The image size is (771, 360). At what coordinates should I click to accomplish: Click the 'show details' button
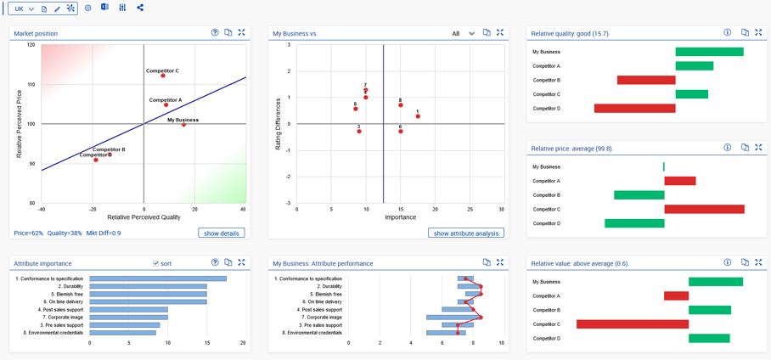222,233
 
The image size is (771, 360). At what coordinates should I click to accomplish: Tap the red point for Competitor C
163,76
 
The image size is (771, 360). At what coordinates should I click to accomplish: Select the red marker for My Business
183,125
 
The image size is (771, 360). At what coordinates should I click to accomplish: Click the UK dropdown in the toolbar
24,8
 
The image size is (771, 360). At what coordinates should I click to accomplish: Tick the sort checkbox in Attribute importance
155,263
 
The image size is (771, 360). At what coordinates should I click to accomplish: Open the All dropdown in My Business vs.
464,33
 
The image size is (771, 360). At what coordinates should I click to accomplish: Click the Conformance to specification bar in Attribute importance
158,278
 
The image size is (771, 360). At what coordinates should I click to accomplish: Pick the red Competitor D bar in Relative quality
634,109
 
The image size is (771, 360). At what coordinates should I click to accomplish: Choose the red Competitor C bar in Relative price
704,209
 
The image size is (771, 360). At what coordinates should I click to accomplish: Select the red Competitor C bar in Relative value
632,324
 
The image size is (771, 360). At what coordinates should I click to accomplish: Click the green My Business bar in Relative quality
709,52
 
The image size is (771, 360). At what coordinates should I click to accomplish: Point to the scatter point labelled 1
418,116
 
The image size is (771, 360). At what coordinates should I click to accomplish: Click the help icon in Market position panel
215,33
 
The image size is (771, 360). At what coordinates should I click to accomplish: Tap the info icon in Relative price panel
728,148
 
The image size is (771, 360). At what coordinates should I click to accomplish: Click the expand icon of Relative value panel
758,262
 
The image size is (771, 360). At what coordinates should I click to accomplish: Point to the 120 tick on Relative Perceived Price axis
31,45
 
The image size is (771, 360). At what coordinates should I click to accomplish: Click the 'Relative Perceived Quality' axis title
144,217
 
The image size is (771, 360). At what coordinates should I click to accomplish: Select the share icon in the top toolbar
140,8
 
